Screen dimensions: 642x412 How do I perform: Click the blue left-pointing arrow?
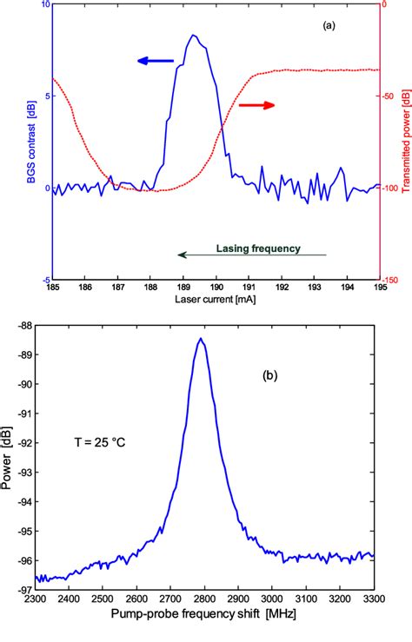tap(156, 61)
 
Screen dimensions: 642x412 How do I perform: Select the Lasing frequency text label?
tap(257, 248)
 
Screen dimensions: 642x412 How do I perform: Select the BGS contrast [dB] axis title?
tap(30, 143)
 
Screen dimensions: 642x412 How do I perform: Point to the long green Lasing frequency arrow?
tap(251, 255)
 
